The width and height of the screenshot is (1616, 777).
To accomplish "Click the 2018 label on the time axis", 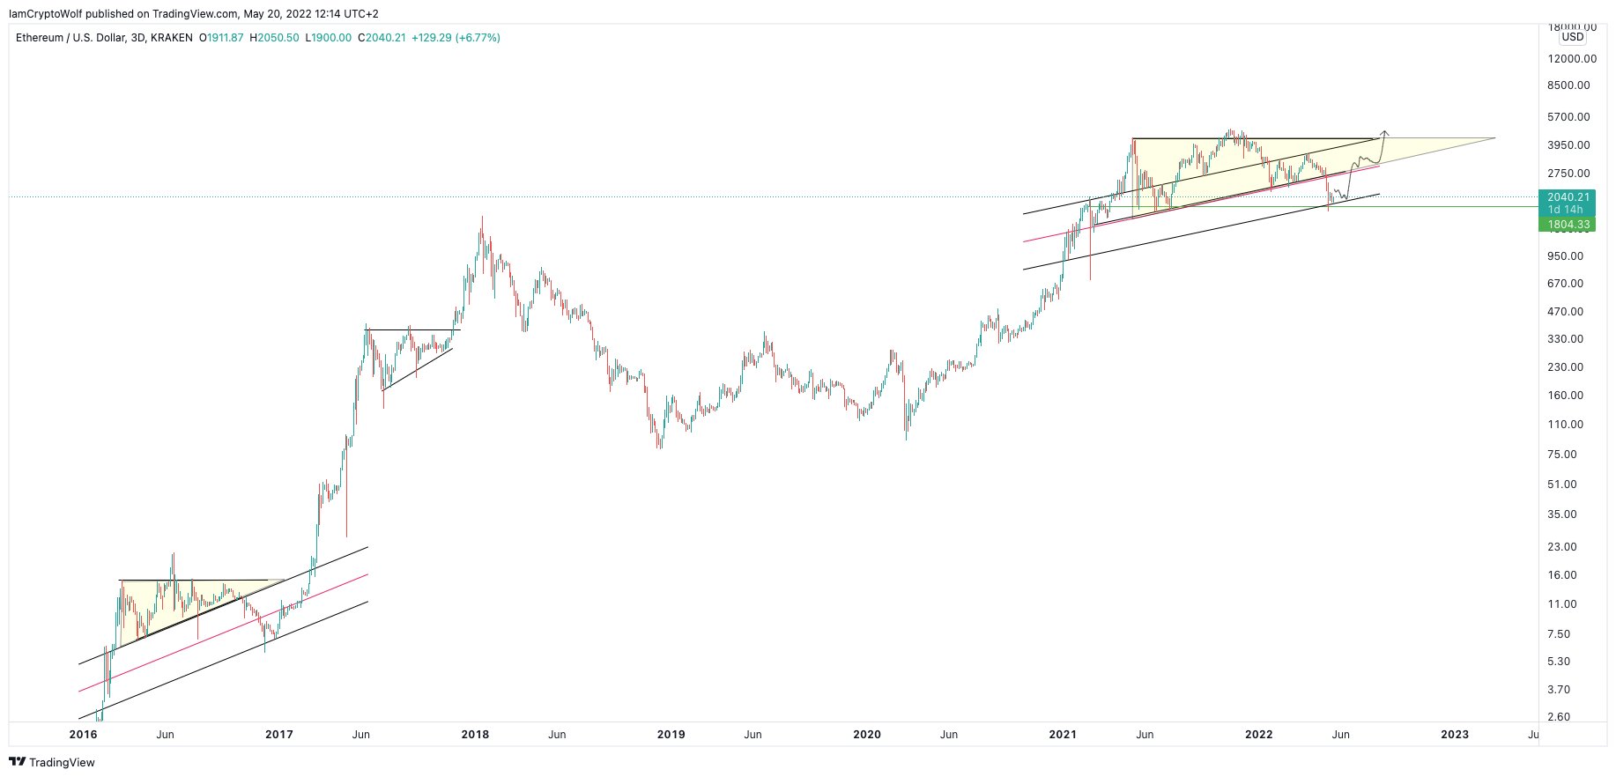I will (475, 735).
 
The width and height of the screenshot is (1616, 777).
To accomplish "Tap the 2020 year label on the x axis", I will (867, 735).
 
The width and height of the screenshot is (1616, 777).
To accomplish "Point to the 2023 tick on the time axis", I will (1455, 735).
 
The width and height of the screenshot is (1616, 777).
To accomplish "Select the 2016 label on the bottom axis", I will (83, 735).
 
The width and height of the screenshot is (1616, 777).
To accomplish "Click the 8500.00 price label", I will (1570, 85).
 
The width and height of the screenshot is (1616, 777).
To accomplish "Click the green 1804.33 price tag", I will (1568, 225).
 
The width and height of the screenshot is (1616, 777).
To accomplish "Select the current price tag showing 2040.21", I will (1568, 197).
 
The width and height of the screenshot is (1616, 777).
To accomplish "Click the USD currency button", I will (1572, 37).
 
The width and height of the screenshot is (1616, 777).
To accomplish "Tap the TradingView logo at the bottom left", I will (52, 762).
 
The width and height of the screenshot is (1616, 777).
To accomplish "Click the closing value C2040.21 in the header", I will (382, 38).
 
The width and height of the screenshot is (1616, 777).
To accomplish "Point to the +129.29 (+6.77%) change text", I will (456, 38).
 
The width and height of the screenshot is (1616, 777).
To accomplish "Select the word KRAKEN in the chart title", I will (172, 38).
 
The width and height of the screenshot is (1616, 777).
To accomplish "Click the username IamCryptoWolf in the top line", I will (45, 13).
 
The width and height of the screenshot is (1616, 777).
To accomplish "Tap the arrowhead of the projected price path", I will (1386, 133).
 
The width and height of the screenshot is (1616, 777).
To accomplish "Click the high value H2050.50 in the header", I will (275, 38).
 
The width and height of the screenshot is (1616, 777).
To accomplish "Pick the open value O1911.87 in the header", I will (221, 38).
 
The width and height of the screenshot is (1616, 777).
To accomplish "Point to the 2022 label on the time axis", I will (1258, 735).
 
